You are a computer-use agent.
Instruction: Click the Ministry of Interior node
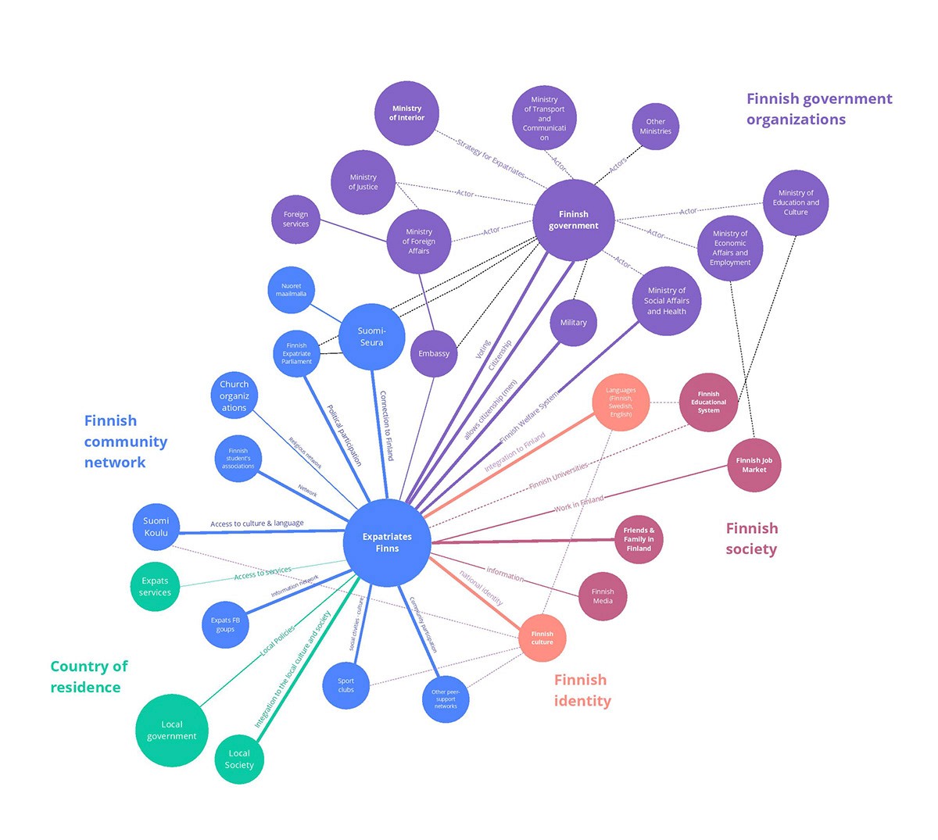tap(406, 113)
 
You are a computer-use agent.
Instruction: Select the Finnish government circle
tap(573, 220)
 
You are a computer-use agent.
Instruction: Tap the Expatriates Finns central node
tap(387, 542)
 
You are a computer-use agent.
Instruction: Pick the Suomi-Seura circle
tap(371, 337)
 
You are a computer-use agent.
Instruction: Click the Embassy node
tap(434, 353)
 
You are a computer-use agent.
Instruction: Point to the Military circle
tap(573, 322)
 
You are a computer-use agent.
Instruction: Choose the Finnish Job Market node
tap(754, 465)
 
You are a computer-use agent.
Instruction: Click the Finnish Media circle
tap(603, 596)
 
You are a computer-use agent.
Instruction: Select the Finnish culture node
tap(542, 638)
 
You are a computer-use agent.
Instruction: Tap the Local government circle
tap(172, 730)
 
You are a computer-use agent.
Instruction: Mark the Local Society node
tap(239, 759)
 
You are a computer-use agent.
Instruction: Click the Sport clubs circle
tap(346, 685)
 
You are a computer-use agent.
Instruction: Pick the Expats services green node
tap(155, 586)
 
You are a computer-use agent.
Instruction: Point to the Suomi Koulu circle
tap(156, 527)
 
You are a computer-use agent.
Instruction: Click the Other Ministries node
tap(655, 127)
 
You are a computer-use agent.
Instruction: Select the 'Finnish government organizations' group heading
tap(818, 109)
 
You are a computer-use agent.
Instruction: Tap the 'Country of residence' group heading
tap(88, 677)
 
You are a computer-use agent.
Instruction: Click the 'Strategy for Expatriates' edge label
tap(490, 158)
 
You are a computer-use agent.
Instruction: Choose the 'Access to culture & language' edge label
tap(256, 524)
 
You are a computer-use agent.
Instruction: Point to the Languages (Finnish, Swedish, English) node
tap(621, 402)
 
